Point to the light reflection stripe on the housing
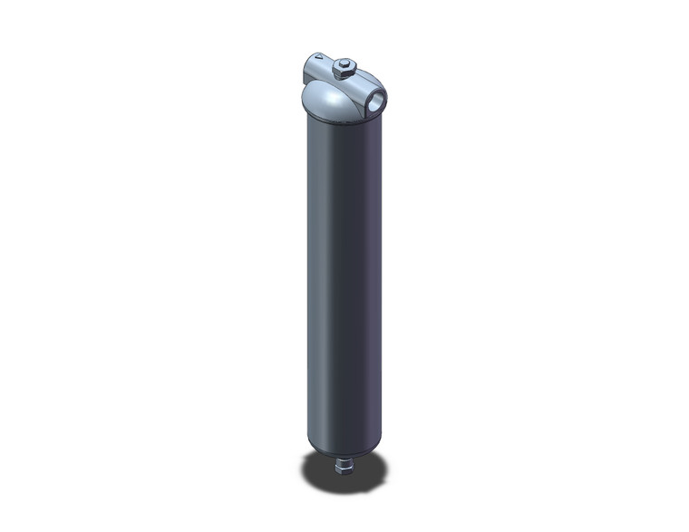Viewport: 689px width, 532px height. click(x=319, y=272)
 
